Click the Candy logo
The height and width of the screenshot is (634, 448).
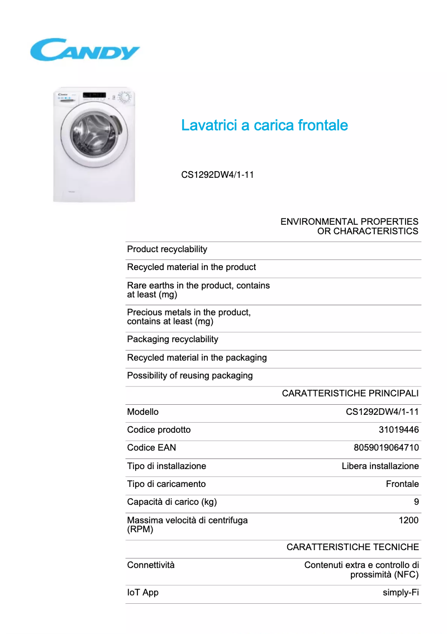84,50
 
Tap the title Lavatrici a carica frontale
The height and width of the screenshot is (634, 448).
264,125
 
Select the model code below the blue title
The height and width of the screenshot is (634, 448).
217,175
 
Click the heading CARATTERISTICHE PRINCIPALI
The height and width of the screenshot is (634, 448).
350,394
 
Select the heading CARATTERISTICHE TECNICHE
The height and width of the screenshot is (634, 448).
352,547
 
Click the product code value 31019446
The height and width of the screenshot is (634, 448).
398,430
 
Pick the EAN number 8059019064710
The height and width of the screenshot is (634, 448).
386,448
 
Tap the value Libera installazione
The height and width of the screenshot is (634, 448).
380,466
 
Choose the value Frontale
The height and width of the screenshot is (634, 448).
402,484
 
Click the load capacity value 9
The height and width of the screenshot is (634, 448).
416,502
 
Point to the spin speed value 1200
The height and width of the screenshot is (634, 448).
408,521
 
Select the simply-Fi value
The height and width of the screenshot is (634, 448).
401,593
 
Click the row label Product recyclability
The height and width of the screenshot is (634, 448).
167,249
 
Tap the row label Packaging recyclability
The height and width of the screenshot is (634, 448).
173,339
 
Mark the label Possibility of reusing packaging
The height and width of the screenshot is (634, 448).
190,376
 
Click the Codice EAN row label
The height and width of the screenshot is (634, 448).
151,448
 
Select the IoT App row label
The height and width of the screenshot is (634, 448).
142,593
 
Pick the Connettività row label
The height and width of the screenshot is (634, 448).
151,565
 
